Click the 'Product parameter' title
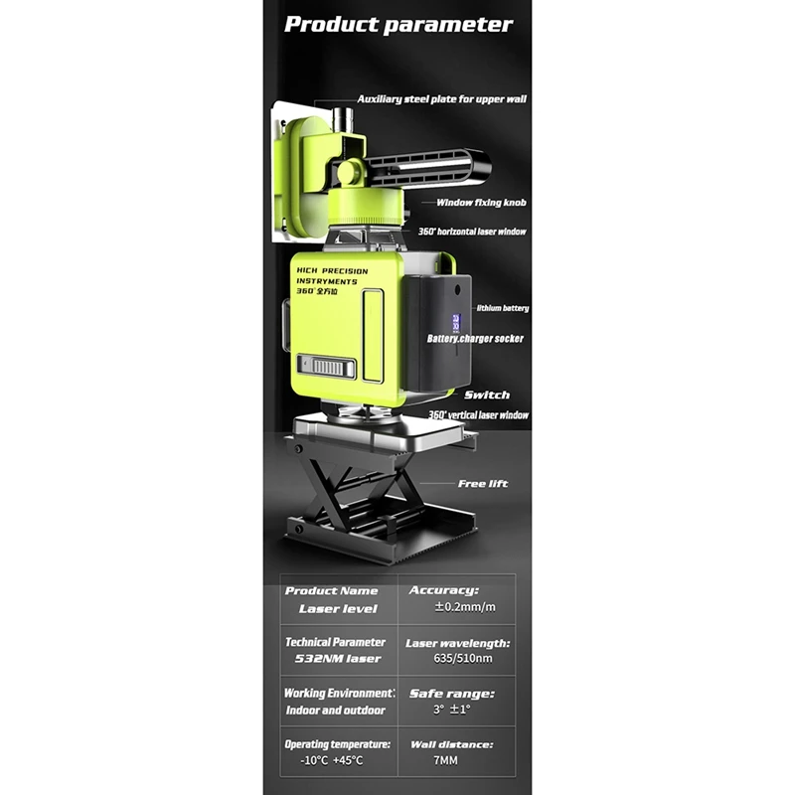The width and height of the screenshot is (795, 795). point(398,25)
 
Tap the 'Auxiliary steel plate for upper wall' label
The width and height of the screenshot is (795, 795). point(441,99)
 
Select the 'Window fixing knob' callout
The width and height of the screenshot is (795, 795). point(481,203)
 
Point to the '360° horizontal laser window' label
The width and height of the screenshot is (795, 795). point(472,232)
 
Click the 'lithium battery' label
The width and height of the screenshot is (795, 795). point(503,308)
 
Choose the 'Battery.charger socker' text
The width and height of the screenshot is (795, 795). point(475,339)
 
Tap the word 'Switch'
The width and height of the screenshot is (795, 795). point(487,395)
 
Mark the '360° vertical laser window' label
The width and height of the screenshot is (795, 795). point(478,415)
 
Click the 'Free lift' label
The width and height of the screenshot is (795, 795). point(483,484)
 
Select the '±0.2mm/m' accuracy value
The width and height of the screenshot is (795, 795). point(465,607)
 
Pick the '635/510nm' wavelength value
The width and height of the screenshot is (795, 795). point(463,659)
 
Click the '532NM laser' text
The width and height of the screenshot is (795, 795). point(338,659)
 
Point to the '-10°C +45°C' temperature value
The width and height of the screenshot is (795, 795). point(332,760)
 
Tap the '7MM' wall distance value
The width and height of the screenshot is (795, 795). point(445,760)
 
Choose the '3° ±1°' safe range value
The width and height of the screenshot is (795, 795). point(452,710)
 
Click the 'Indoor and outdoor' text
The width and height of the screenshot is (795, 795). point(336,711)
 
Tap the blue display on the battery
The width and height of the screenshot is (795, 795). point(456,322)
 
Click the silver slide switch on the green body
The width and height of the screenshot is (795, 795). point(327,366)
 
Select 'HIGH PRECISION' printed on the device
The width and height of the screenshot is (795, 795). point(332,271)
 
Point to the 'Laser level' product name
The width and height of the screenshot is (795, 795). point(338,609)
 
